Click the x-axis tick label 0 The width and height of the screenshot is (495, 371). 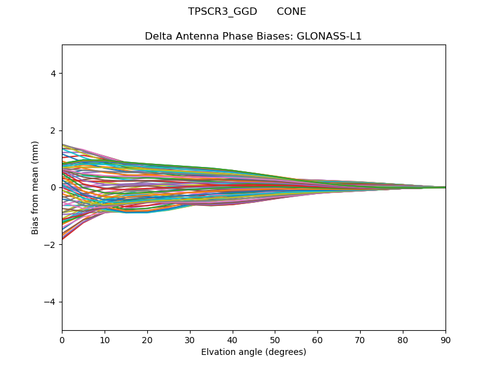(62, 339)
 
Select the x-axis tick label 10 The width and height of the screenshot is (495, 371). (105, 339)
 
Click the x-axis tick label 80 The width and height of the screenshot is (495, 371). (403, 339)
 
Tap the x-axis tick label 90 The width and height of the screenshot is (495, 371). (445, 339)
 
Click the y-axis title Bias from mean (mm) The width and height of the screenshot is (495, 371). (36, 187)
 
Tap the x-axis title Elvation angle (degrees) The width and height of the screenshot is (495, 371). (254, 352)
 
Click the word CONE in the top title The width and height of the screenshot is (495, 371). (291, 12)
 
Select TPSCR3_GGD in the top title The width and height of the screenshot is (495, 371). (223, 12)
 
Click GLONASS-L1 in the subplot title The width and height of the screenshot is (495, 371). (329, 36)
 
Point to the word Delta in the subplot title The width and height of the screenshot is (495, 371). (158, 36)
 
